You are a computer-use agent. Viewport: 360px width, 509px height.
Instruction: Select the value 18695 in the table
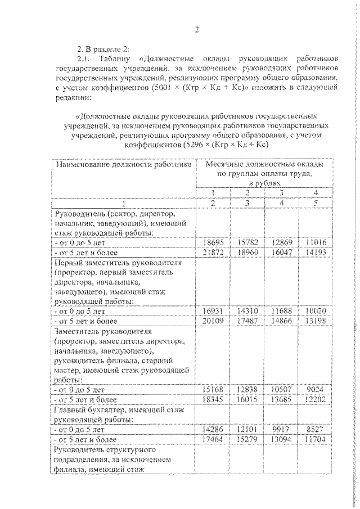pos(214,242)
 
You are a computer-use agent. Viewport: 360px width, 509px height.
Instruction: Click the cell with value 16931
pos(214,310)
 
